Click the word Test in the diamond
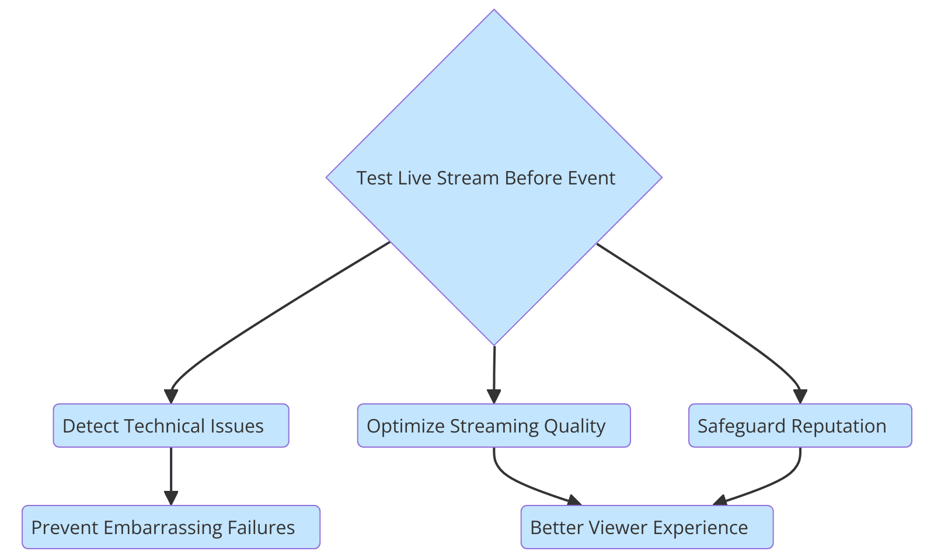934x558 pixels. [x=374, y=178]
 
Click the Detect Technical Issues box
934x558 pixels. [x=171, y=426]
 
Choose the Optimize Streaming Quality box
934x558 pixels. [x=494, y=426]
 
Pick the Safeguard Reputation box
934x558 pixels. [x=800, y=426]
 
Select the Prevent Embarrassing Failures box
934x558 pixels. [x=171, y=527]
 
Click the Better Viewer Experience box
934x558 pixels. [x=647, y=527]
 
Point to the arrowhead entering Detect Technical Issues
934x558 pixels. [x=171, y=396]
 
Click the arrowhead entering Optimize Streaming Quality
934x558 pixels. [x=494, y=396]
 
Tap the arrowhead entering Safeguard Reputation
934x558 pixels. [x=800, y=396]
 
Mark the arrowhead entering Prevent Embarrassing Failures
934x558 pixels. [x=171, y=498]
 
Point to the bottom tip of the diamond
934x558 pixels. [x=494, y=344]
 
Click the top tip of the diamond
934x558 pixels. [x=494, y=11]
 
